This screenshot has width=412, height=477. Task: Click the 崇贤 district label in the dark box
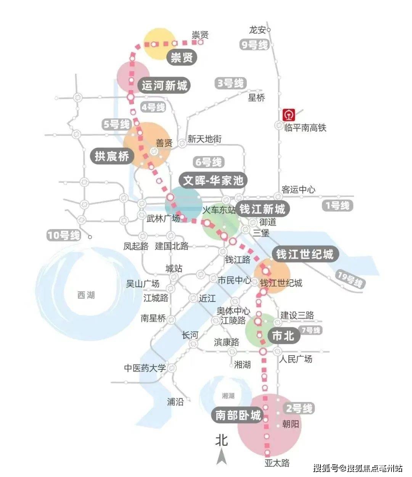(182, 58)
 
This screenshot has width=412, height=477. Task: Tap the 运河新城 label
(165, 85)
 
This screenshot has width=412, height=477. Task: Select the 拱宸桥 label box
(112, 156)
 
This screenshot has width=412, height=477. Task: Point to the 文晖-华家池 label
(213, 180)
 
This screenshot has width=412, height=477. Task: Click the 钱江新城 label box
(262, 209)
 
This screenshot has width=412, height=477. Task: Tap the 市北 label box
(283, 336)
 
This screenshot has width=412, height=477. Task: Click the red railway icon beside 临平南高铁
(289, 115)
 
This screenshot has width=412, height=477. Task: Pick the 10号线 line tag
(64, 235)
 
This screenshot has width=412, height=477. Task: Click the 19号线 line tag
(349, 280)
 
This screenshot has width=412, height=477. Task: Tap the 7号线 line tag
(311, 330)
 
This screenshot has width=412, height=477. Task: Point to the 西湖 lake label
(86, 295)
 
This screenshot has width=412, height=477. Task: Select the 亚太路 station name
(277, 463)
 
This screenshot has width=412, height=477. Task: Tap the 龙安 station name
(257, 30)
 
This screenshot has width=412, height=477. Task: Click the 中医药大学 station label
(145, 368)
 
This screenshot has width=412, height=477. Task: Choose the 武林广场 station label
(163, 219)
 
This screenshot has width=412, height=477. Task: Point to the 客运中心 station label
(298, 189)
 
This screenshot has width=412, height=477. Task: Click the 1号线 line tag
(337, 206)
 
